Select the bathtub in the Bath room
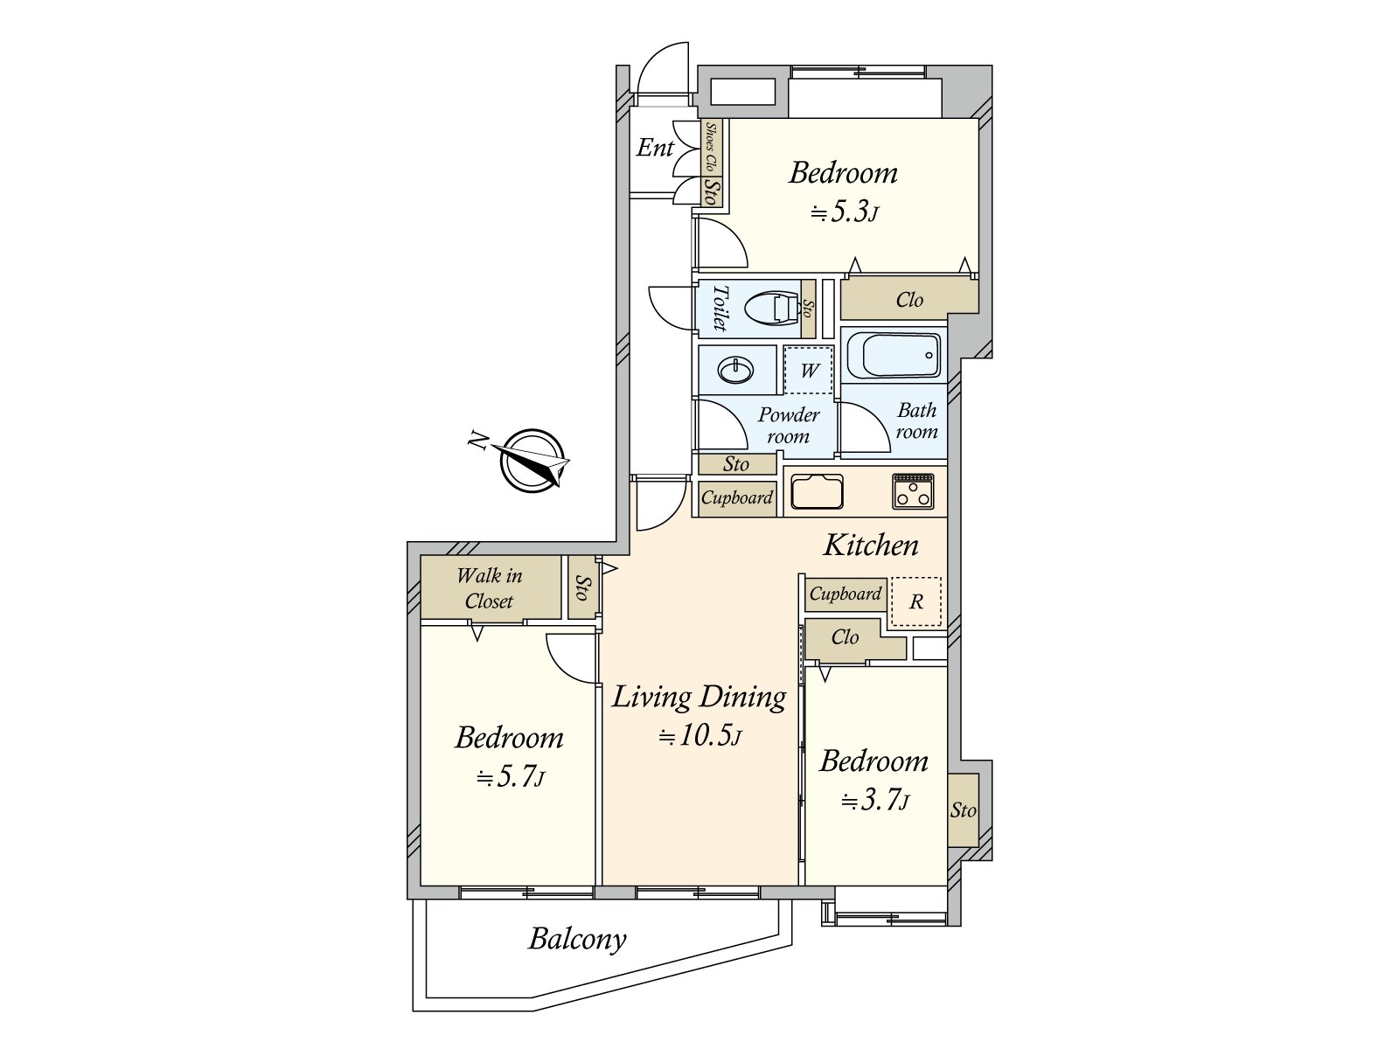894,356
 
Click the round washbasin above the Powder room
736,370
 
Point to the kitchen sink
817,491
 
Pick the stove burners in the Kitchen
913,491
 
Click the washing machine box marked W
808,370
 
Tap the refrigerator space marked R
915,601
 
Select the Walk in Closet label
490,588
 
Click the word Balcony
577,940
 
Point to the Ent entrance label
655,148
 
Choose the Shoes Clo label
711,148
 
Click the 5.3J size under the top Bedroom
845,212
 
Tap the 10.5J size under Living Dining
700,736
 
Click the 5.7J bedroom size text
511,777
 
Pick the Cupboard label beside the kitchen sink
737,497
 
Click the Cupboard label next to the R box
846,594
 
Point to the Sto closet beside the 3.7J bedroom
963,810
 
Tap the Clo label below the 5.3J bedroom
908,299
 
